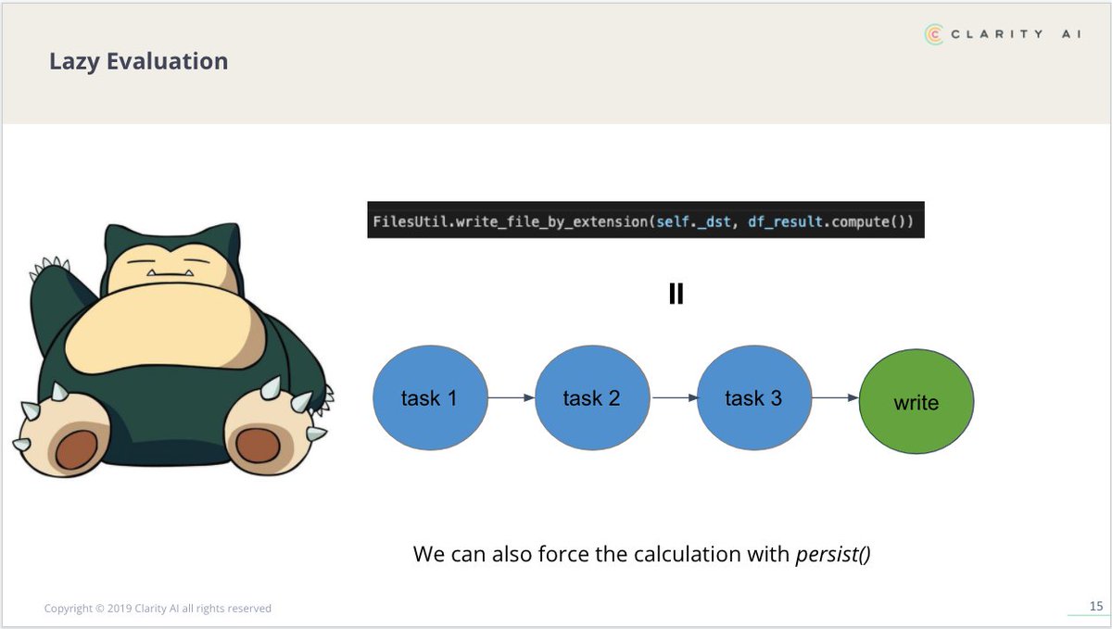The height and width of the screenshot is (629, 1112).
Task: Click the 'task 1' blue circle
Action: [x=429, y=398]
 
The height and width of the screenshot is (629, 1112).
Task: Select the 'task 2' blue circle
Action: [x=591, y=398]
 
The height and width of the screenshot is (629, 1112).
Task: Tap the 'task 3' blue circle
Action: [x=752, y=398]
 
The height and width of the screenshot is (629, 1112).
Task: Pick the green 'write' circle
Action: [x=916, y=403]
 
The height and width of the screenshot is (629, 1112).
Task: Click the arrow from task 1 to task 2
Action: [x=511, y=398]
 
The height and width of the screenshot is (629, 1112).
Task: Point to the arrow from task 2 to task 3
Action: [x=673, y=398]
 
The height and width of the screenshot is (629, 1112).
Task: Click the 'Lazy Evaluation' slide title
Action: [x=138, y=62]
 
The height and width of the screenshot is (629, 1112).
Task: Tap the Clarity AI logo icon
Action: [x=935, y=33]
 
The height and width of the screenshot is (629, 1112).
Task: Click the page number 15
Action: [x=1095, y=607]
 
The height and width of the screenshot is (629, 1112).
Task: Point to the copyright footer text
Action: [x=158, y=609]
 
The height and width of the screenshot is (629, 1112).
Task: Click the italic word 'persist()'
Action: [x=833, y=555]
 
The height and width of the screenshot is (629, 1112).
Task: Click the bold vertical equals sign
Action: [x=676, y=295]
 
